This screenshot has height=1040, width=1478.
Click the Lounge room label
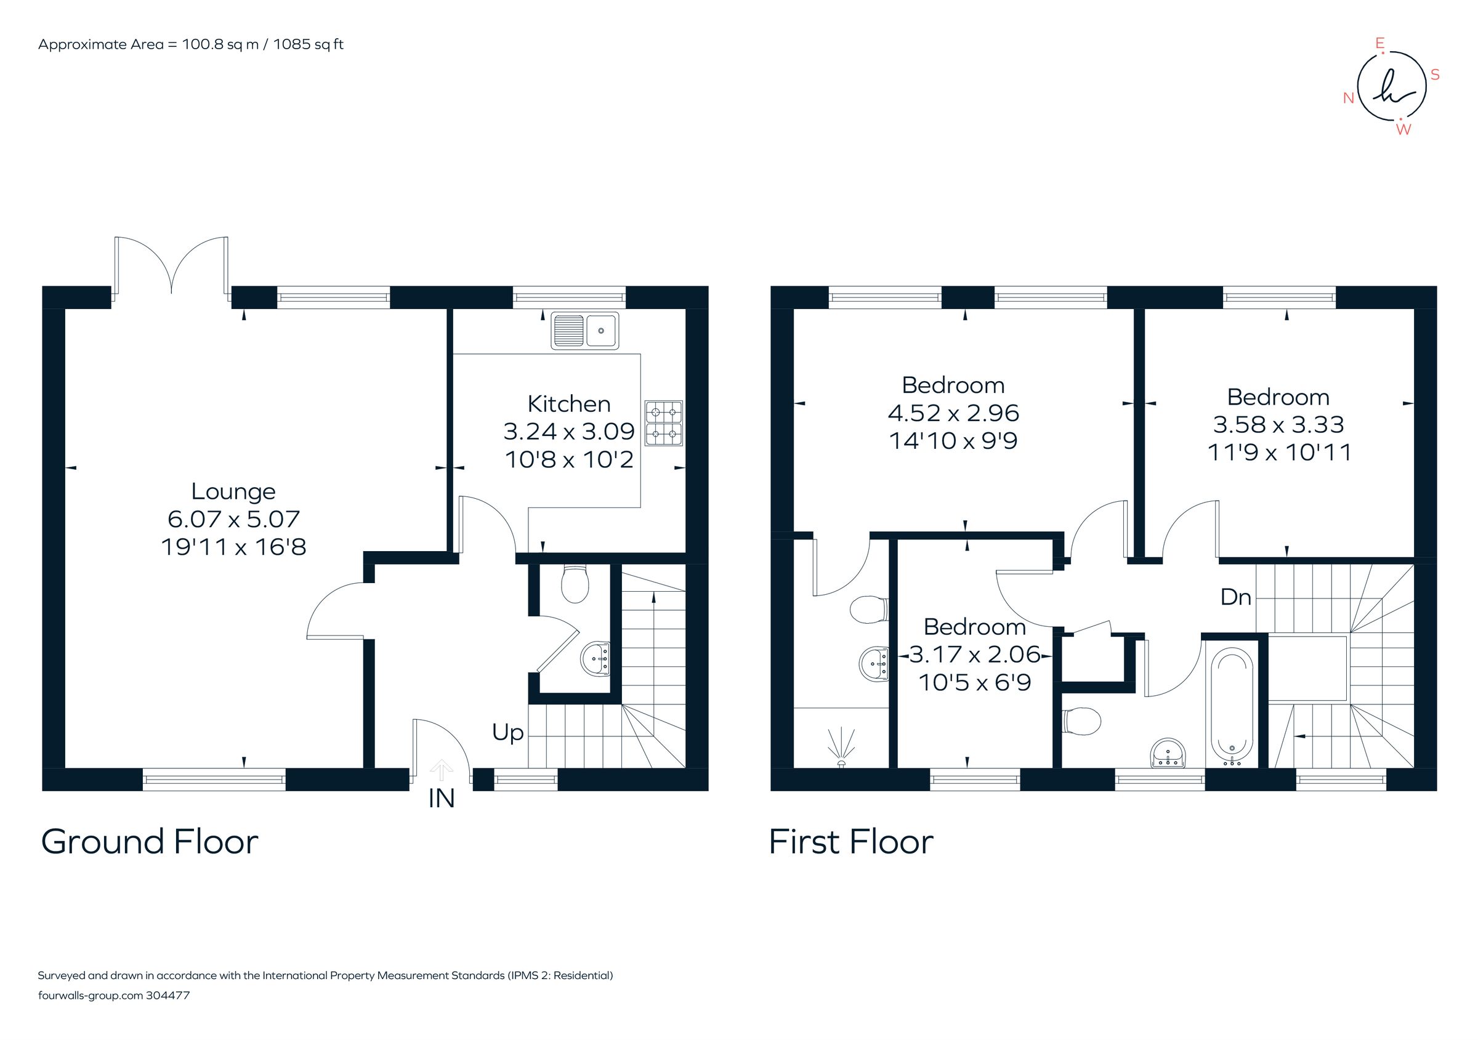(x=233, y=492)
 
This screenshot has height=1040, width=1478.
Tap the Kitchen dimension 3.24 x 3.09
(x=568, y=431)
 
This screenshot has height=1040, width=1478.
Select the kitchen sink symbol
(x=584, y=331)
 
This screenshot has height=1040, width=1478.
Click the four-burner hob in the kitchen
(x=664, y=423)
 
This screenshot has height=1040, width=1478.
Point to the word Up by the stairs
(x=507, y=732)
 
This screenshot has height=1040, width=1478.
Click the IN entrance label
(x=442, y=799)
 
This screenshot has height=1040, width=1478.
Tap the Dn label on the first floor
(x=1235, y=597)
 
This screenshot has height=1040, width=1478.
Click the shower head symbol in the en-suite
(x=841, y=746)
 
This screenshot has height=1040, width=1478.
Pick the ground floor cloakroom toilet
(x=575, y=584)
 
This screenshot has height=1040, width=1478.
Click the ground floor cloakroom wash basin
(x=596, y=659)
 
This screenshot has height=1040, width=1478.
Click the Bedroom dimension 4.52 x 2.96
(x=953, y=413)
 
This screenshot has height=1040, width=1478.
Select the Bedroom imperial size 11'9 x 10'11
(x=1278, y=453)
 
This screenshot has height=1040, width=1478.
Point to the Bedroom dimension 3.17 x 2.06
(x=975, y=655)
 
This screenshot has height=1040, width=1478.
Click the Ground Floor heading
(x=150, y=842)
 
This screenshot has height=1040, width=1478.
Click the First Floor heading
(x=850, y=842)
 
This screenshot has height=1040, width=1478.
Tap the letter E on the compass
(x=1379, y=44)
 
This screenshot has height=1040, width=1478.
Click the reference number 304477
(x=168, y=996)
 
